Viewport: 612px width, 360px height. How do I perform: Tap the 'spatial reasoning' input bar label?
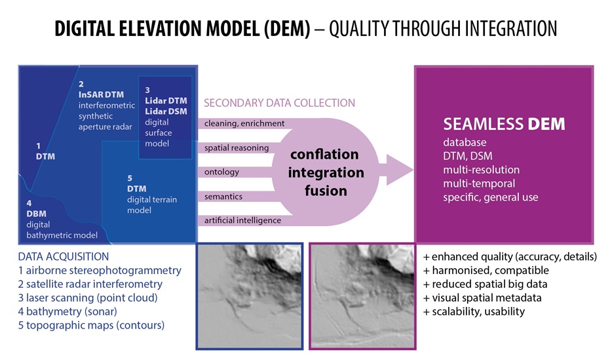coord(237,148)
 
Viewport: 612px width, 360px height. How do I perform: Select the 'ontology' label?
coord(221,172)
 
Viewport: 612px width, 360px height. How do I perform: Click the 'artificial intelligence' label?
coord(242,220)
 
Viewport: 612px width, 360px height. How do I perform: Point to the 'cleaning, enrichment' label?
coord(244,123)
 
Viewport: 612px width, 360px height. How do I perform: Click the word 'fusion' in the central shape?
coord(326,191)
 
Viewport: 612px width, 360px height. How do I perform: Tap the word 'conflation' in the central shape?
coord(324,154)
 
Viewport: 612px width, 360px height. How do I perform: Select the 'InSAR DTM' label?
coord(101,94)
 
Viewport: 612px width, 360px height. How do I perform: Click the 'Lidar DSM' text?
coord(166,111)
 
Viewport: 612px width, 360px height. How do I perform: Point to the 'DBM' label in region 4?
coord(36,214)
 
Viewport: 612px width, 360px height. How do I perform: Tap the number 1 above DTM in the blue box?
coord(38,146)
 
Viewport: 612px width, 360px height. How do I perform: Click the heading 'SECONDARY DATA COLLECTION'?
coord(279,103)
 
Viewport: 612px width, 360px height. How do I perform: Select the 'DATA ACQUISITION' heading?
coord(64,256)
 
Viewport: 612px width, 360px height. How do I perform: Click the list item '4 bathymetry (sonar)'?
coord(67,311)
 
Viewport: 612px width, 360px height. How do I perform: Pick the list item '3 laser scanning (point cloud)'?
coord(88,298)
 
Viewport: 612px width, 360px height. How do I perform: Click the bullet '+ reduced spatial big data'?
coord(485,284)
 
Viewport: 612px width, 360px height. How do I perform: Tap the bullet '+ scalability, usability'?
coord(474,311)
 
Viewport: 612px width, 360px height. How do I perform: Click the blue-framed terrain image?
coord(250,296)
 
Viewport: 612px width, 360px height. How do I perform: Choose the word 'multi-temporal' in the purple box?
coord(479,184)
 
